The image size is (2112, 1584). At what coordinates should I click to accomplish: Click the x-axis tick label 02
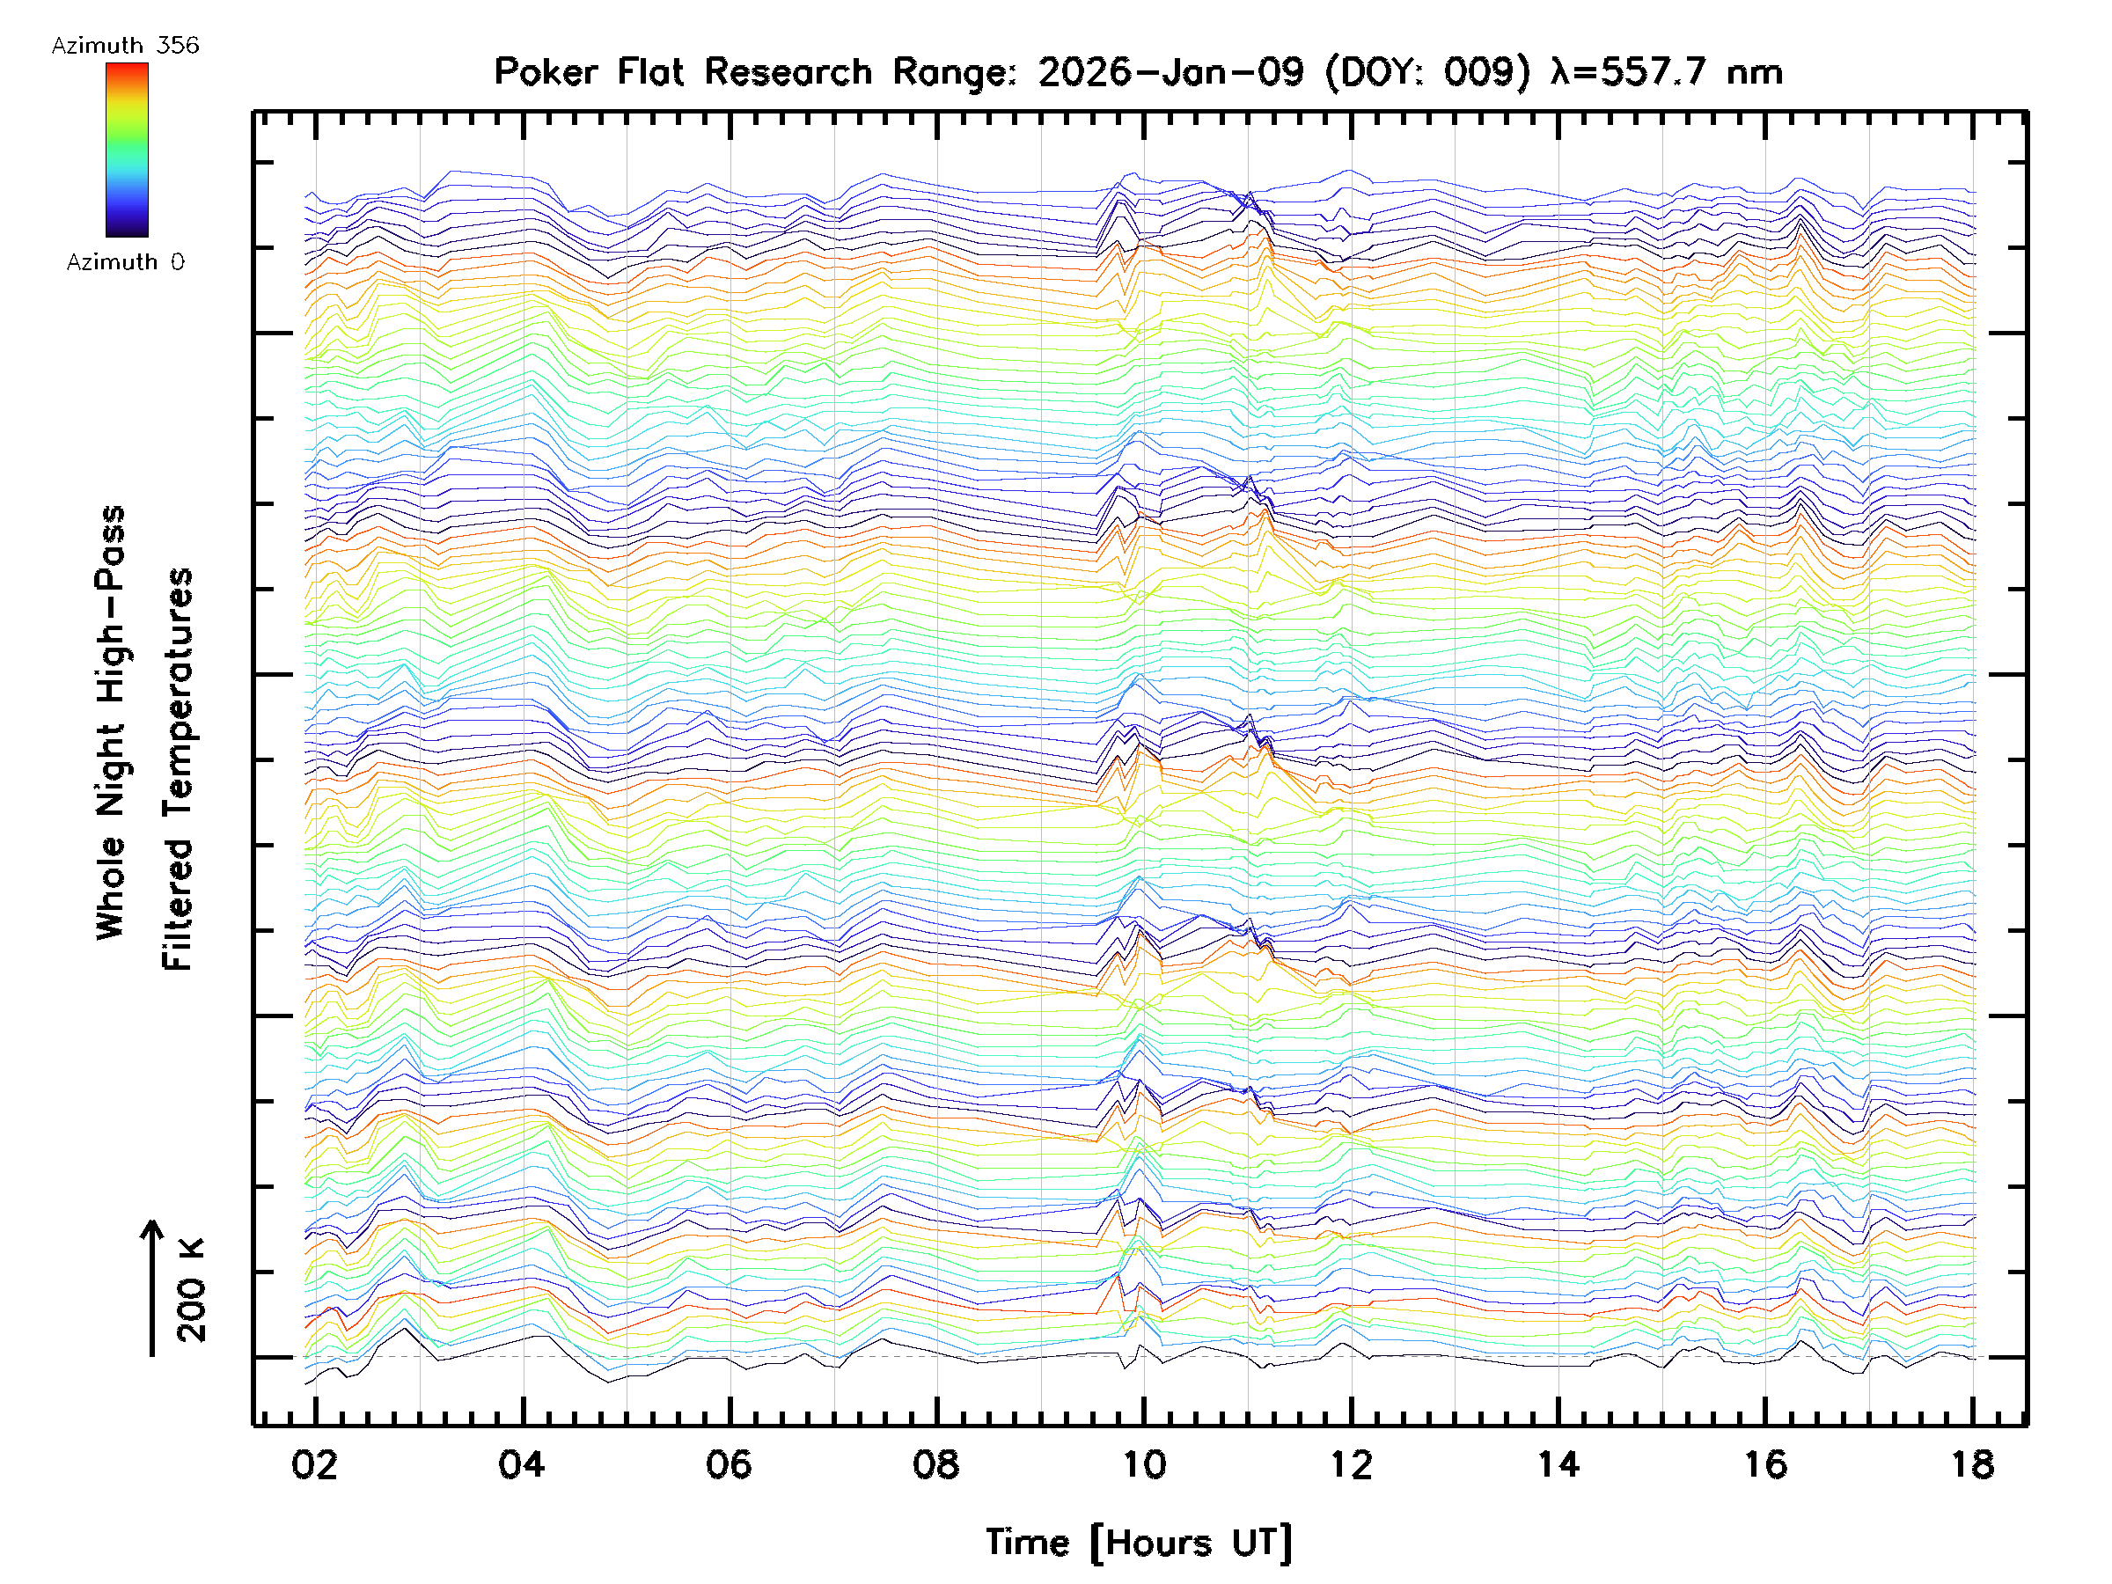pyautogui.click(x=314, y=1464)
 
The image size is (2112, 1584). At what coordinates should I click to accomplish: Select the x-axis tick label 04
pyautogui.click(x=521, y=1464)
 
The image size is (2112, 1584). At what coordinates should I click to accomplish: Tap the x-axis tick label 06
pyautogui.click(x=729, y=1464)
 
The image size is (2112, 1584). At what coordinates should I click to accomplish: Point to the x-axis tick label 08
pyautogui.click(x=935, y=1464)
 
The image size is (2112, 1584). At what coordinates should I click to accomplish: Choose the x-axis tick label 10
pyautogui.click(x=1144, y=1464)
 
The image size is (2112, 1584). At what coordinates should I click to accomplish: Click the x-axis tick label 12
pyautogui.click(x=1351, y=1464)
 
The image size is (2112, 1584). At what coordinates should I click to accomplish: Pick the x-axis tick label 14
pyautogui.click(x=1558, y=1464)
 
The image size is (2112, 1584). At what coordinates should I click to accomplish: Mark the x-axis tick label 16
pyautogui.click(x=1765, y=1464)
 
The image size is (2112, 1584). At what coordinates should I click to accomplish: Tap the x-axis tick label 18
pyautogui.click(x=1973, y=1464)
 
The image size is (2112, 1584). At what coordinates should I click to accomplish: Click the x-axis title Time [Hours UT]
pyautogui.click(x=1139, y=1543)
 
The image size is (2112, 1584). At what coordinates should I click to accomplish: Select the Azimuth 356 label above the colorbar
pyautogui.click(x=125, y=46)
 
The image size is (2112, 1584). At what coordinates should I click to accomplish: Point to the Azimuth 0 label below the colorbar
pyautogui.click(x=125, y=261)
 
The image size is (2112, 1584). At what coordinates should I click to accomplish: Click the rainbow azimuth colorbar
pyautogui.click(x=127, y=150)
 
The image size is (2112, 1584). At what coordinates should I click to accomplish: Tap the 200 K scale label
pyautogui.click(x=192, y=1291)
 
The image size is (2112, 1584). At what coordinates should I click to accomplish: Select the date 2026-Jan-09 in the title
pyautogui.click(x=1171, y=72)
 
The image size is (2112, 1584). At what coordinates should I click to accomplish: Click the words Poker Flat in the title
pyautogui.click(x=588, y=72)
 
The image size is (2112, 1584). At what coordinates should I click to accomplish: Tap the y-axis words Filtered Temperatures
pyautogui.click(x=178, y=770)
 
